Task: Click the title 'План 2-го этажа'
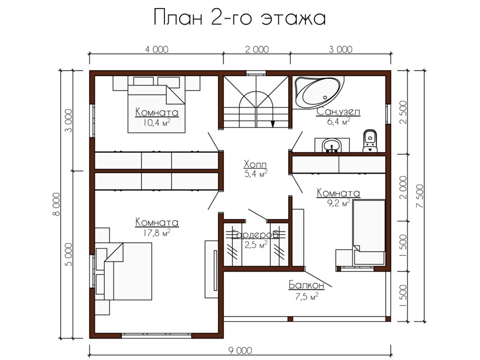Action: (239, 18)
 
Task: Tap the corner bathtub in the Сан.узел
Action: (318, 91)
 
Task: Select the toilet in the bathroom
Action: (370, 141)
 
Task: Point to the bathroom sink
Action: (332, 145)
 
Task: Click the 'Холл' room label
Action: (255, 165)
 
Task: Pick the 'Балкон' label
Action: (307, 285)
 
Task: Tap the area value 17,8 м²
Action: (157, 233)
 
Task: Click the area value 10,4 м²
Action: (157, 123)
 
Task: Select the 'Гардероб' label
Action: (255, 234)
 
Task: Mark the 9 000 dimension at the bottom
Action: (240, 350)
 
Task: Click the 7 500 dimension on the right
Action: (420, 196)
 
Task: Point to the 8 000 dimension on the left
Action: (56, 204)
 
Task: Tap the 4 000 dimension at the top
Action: (157, 49)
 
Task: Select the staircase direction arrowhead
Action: (272, 124)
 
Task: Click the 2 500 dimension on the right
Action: (404, 112)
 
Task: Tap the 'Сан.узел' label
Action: (338, 112)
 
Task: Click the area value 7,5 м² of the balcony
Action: (307, 296)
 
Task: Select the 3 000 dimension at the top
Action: (340, 49)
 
